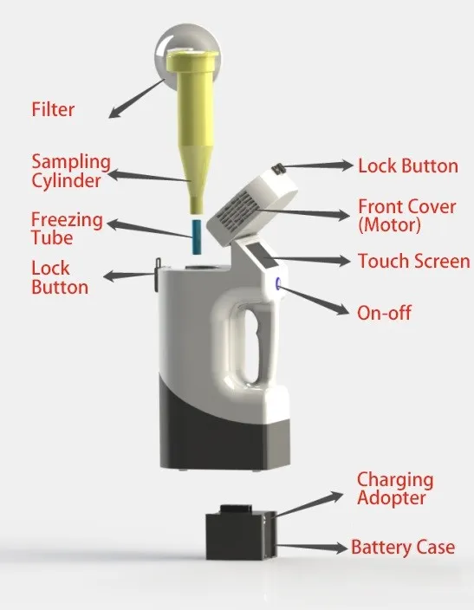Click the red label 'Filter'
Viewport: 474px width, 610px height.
53,110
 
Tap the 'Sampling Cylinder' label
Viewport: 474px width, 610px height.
71,171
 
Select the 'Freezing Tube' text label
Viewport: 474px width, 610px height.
67,228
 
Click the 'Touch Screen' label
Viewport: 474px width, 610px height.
413,261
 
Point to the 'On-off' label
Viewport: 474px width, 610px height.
384,313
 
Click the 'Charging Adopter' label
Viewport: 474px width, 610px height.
395,490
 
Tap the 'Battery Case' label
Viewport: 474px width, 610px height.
402,548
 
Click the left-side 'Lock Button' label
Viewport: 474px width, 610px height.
60,276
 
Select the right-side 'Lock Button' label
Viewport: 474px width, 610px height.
407,165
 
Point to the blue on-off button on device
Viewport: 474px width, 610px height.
279,284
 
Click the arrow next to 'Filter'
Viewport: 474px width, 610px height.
134,96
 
